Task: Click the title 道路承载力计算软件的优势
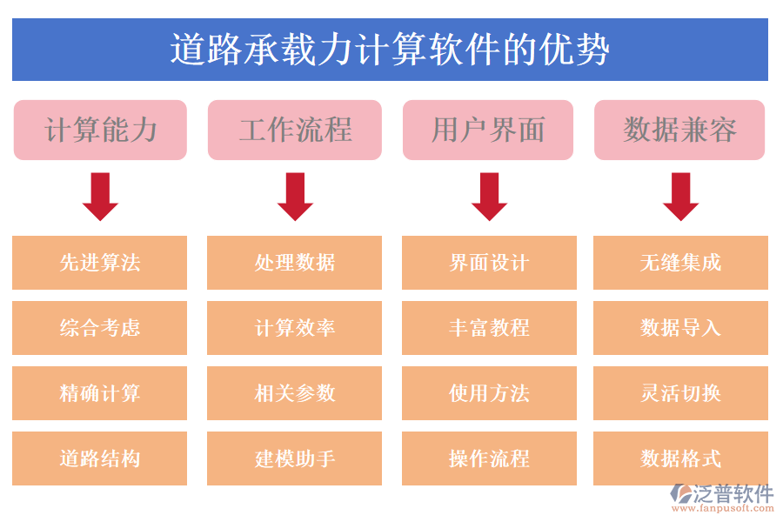(390, 50)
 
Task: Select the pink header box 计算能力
(100, 130)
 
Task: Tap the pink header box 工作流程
(294, 130)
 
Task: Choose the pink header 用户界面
(488, 130)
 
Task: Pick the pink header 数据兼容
(679, 130)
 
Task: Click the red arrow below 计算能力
(100, 197)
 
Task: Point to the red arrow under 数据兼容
(680, 197)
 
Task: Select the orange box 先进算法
(100, 263)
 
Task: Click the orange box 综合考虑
(100, 328)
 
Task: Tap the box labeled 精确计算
(100, 393)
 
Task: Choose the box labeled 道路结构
(100, 458)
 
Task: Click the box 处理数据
(294, 263)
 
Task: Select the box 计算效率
(294, 328)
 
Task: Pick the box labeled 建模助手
(294, 458)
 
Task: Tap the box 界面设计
(489, 263)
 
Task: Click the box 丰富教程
(489, 328)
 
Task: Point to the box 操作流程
(489, 458)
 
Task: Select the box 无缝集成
(680, 263)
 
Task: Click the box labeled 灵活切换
(680, 393)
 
